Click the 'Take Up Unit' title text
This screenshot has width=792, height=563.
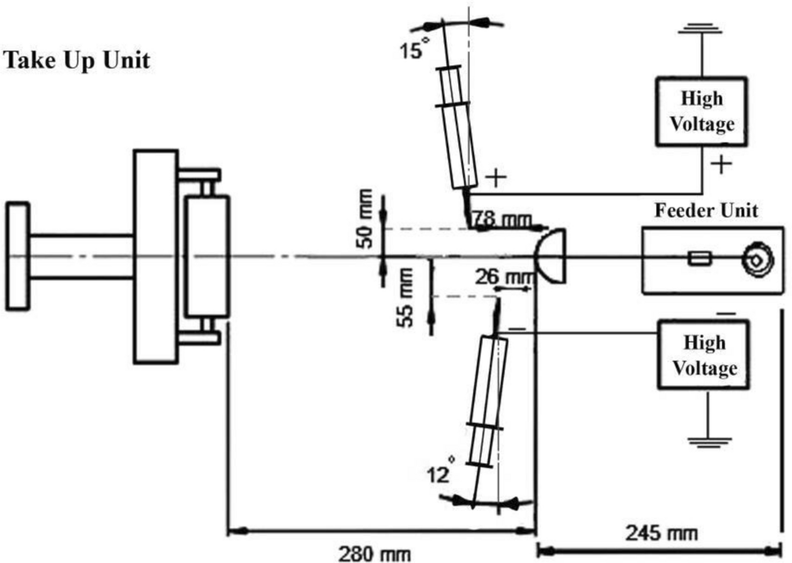pos(77,61)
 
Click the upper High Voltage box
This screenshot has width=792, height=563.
pos(701,111)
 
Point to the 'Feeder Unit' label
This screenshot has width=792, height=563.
pos(706,210)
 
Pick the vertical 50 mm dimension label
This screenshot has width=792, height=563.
pos(365,219)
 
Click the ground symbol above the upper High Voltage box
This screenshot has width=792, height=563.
pos(702,30)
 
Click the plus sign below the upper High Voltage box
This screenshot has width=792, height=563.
pos(720,164)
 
